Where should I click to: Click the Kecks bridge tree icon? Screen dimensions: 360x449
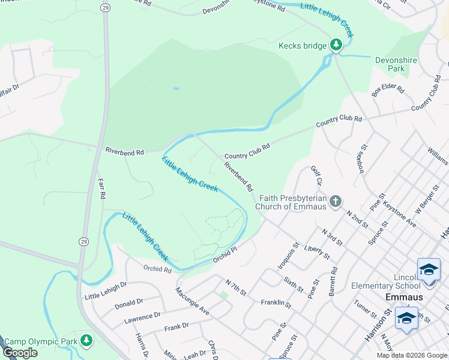coord(336,46)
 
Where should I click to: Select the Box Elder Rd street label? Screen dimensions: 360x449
coord(388,91)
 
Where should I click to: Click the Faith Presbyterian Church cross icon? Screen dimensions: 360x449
coord(336,201)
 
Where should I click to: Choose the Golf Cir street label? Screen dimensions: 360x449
coord(316,176)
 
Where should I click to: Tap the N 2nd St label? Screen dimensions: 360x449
coord(357,218)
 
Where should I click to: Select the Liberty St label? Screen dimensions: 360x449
coord(316,251)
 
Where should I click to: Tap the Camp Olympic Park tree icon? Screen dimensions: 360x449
coord(87,341)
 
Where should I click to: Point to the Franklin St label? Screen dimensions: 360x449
coord(276,304)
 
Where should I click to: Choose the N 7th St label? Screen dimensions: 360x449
coord(236,287)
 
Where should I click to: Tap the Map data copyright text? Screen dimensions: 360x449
coord(412,355)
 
